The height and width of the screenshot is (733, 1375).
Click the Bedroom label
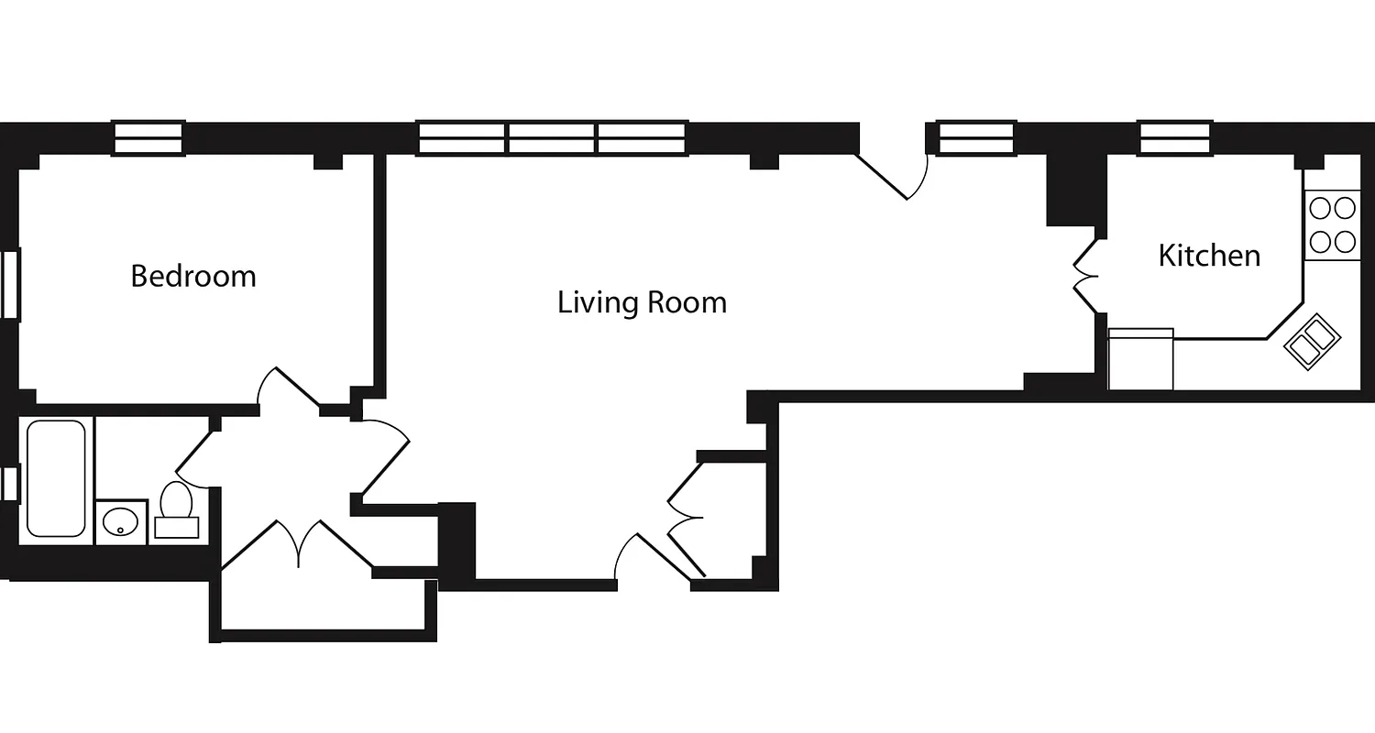(x=193, y=276)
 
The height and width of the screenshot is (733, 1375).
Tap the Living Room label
(x=642, y=302)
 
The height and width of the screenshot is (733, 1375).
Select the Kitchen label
(x=1209, y=256)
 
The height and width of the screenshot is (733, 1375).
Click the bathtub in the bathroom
(x=55, y=478)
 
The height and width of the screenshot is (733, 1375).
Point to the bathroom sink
(x=120, y=522)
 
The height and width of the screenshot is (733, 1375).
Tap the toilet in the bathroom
(x=176, y=509)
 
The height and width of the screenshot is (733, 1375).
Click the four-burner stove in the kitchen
(x=1332, y=225)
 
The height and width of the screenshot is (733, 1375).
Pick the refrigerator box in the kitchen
(x=1140, y=359)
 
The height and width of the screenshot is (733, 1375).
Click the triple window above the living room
(x=553, y=138)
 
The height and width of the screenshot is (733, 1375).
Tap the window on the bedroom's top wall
(x=148, y=138)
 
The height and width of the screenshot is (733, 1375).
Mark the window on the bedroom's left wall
(x=9, y=284)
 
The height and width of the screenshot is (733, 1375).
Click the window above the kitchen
(x=1176, y=138)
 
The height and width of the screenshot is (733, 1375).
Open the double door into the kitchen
(x=1085, y=276)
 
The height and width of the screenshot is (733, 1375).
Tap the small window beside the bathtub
(x=9, y=484)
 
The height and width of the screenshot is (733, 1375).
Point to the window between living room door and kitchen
(x=977, y=138)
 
